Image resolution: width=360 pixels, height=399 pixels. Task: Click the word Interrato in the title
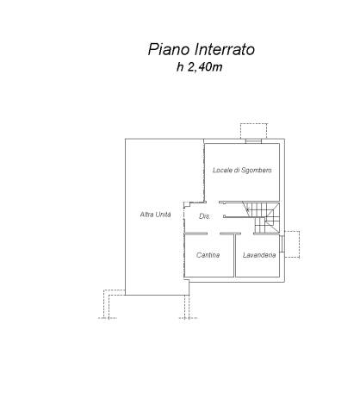tap(225, 49)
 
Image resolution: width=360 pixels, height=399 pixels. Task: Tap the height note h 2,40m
tap(200, 67)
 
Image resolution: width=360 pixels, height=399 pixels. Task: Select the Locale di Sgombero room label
tap(242, 170)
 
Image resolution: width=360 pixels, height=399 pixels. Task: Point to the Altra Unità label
tap(155, 215)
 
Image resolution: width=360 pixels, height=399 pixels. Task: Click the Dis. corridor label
tap(205, 216)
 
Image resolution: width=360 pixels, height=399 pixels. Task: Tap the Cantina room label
tap(208, 255)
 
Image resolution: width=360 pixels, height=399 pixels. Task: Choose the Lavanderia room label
tap(259, 255)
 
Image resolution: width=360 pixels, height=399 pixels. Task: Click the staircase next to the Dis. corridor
tap(262, 217)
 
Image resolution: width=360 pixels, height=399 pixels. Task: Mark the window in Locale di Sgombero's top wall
tap(253, 140)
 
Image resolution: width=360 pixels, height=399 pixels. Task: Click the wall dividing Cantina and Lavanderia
tap(235, 255)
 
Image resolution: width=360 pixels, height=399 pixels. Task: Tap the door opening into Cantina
tap(214, 234)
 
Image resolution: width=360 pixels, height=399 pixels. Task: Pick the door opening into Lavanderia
tap(247, 234)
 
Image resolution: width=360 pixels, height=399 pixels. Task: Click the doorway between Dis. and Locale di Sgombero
tap(212, 203)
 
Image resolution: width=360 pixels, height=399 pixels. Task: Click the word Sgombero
tap(257, 170)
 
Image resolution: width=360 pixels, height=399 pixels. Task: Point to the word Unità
tap(163, 215)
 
